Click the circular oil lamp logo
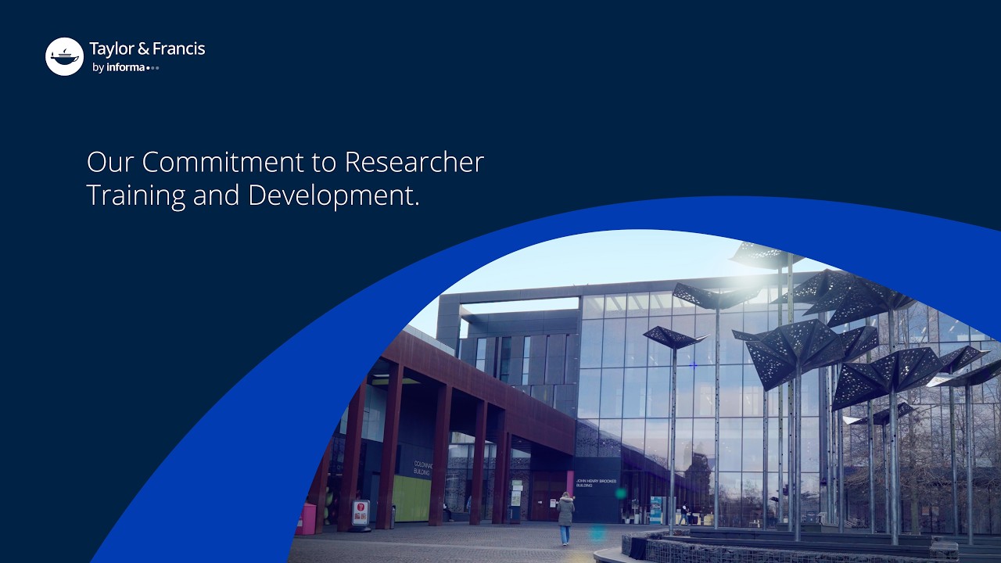click(x=64, y=56)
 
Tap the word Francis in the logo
click(x=178, y=49)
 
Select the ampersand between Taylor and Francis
click(x=143, y=49)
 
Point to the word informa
click(x=126, y=67)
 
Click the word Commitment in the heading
click(x=240, y=162)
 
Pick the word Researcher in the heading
click(x=414, y=162)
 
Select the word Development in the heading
click(x=333, y=195)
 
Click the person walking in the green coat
click(x=565, y=515)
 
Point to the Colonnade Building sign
click(x=422, y=468)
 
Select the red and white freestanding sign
click(x=361, y=512)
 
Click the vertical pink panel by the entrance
click(x=570, y=481)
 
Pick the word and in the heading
click(x=217, y=195)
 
